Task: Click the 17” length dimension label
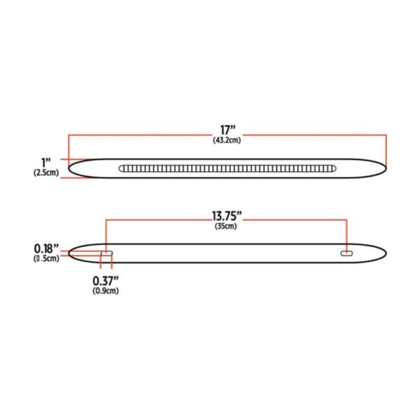tap(226, 130)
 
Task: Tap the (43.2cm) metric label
tap(226, 140)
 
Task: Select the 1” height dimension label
tap(47, 162)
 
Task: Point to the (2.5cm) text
tap(46, 173)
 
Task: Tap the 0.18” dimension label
tap(46, 248)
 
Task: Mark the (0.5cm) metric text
tap(46, 259)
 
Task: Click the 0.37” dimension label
tap(106, 280)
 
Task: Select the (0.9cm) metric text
tap(106, 291)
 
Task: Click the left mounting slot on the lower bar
tap(107, 254)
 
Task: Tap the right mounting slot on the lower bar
tap(346, 254)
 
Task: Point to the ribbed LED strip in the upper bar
tap(227, 169)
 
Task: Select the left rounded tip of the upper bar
tap(71, 169)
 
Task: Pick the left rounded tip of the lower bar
tap(71, 253)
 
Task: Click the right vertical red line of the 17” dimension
tap(386, 150)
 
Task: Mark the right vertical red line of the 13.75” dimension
tap(347, 234)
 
